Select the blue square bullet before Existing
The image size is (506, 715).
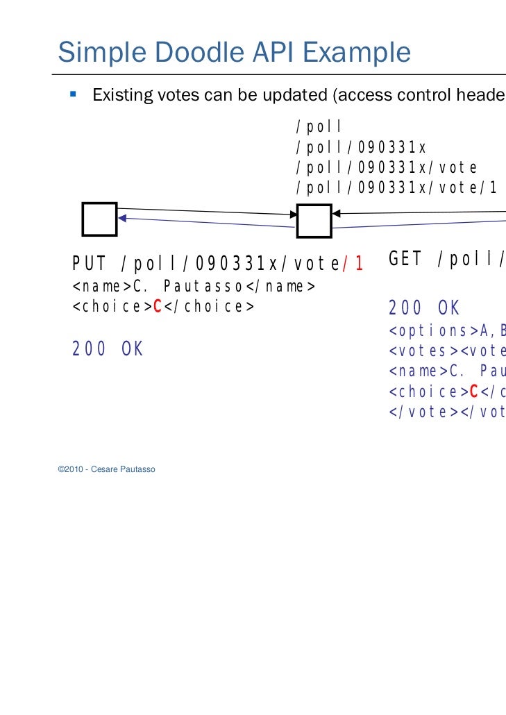click(x=72, y=93)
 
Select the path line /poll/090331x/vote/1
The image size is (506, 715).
click(x=396, y=187)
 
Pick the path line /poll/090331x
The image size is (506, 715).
click(x=360, y=148)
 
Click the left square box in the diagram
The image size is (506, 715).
click(x=100, y=219)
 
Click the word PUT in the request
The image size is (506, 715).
click(x=88, y=264)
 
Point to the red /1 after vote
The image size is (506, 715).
click(x=354, y=264)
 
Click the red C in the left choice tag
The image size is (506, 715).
click(x=158, y=307)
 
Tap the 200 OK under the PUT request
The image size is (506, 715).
click(x=108, y=349)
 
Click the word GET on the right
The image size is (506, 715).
click(x=405, y=260)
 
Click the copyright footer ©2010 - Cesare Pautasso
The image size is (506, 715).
click(x=107, y=470)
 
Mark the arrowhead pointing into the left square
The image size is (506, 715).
click(x=123, y=218)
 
